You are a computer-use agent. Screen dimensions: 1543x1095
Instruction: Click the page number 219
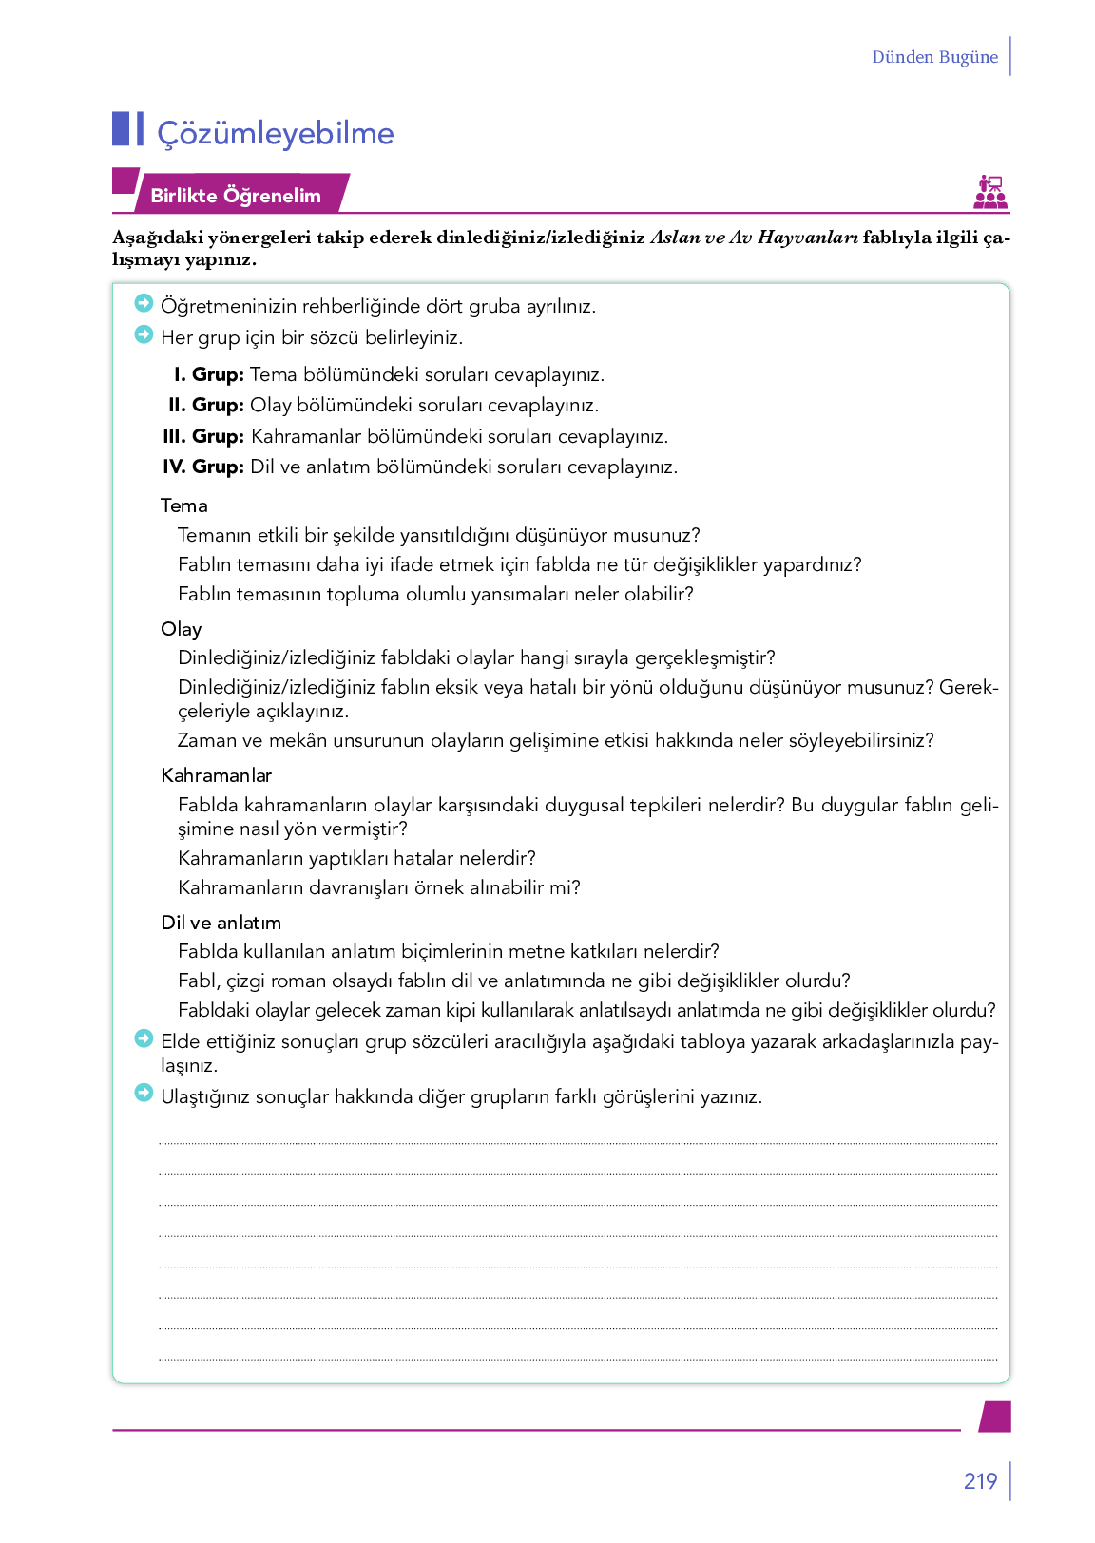(980, 1481)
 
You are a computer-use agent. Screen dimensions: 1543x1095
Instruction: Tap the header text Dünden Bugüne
(934, 57)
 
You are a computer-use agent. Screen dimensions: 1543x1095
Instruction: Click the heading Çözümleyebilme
(276, 133)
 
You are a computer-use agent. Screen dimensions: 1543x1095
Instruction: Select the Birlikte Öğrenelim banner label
(236, 196)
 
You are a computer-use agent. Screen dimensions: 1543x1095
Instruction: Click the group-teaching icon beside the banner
(990, 192)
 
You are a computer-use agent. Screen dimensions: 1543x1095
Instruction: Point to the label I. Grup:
(209, 374)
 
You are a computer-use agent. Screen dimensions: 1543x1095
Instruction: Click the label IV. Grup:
(203, 467)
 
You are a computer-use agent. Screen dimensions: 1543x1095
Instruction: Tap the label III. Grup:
(203, 436)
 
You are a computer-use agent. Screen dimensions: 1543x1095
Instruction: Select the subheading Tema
(183, 505)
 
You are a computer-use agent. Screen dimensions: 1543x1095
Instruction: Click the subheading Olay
(181, 629)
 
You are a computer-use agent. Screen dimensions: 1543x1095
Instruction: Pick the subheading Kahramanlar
(216, 775)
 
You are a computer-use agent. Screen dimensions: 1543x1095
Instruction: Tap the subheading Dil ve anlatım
(221, 923)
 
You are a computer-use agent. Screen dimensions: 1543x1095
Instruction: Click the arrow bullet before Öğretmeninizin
(144, 303)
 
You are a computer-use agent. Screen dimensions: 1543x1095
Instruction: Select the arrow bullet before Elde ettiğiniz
(144, 1038)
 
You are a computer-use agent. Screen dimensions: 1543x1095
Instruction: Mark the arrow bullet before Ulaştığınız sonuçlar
(144, 1094)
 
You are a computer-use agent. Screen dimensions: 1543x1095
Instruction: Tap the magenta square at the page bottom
(995, 1416)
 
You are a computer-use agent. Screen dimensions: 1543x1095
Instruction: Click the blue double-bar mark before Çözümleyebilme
(128, 129)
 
